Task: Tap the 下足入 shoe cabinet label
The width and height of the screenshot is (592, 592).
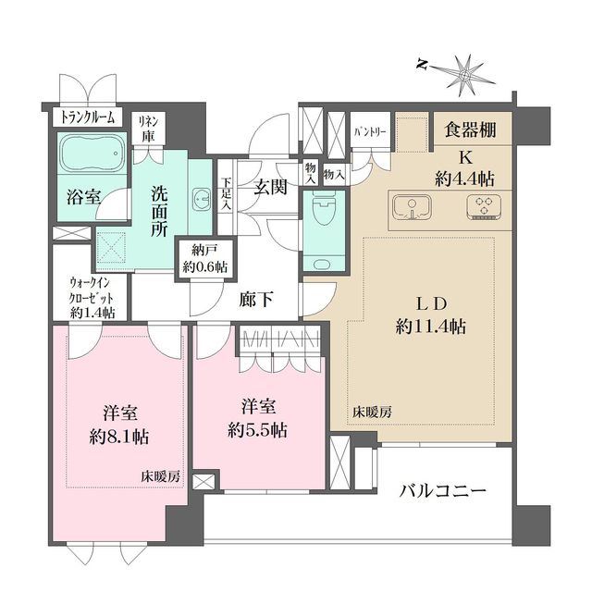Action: pyautogui.click(x=226, y=189)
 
